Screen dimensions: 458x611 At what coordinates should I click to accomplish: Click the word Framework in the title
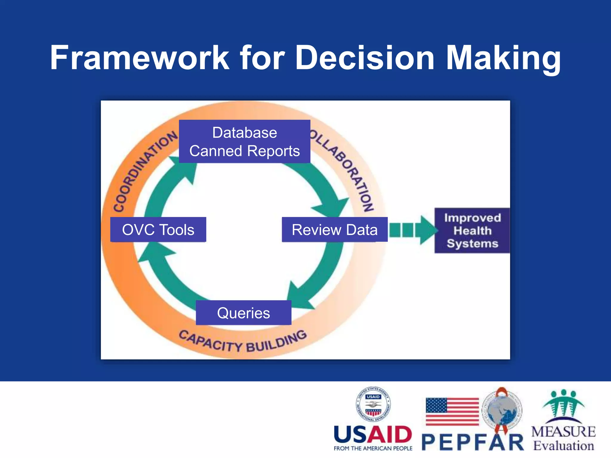140,57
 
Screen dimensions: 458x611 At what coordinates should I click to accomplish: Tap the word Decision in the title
365,57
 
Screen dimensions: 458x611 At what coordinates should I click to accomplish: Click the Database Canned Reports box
244,142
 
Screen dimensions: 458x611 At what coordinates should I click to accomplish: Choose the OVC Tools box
158,230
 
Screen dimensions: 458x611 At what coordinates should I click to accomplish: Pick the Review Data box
334,230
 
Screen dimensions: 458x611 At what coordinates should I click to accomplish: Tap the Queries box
243,313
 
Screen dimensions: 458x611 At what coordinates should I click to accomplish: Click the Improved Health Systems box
472,230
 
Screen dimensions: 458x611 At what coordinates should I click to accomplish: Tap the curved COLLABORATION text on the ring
346,170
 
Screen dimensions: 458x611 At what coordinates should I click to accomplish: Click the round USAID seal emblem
373,404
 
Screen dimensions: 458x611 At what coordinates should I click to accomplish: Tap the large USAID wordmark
373,434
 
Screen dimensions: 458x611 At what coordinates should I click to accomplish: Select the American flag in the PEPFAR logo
452,411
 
